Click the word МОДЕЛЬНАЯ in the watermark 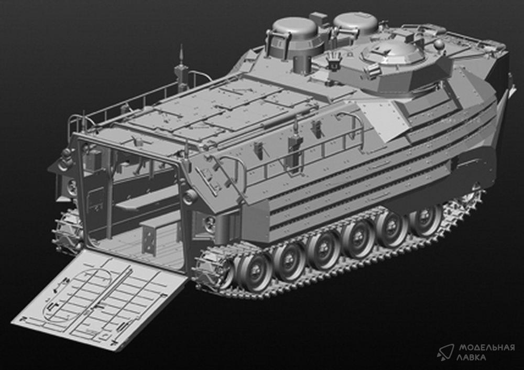[x=486, y=347]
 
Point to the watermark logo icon [x=446, y=352]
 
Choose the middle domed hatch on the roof [x=356, y=25]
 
